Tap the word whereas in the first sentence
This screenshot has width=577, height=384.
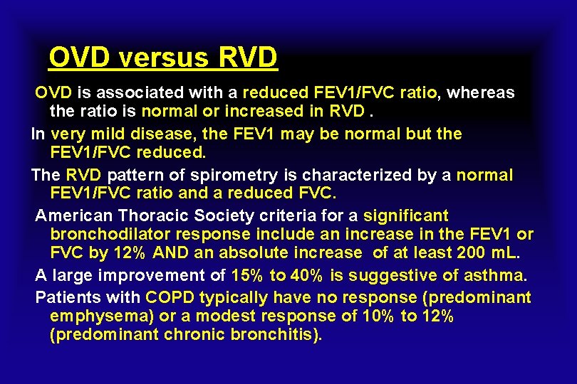[x=482, y=93]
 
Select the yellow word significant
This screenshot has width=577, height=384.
[x=406, y=215]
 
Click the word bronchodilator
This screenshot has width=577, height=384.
[x=115, y=234]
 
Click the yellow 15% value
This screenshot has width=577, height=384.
[x=248, y=275]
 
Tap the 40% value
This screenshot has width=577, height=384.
[x=306, y=275]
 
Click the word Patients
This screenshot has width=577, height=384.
[x=66, y=297]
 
